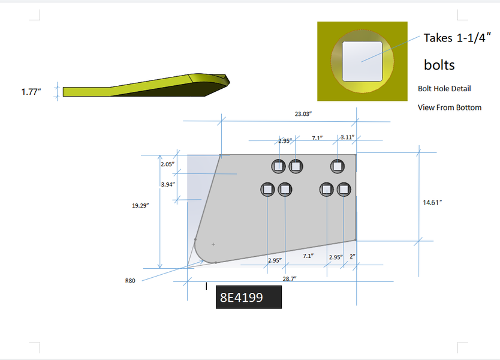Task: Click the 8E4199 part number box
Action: tap(249, 297)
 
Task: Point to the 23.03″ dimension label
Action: tap(303, 114)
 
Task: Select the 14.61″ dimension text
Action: tap(432, 203)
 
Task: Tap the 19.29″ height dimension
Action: tap(140, 206)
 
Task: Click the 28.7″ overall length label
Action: tap(290, 278)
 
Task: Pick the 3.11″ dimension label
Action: tap(348, 137)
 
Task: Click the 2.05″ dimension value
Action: tap(167, 164)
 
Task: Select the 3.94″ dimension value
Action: tap(168, 184)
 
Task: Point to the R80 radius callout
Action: tap(130, 281)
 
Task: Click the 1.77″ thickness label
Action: tap(31, 92)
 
